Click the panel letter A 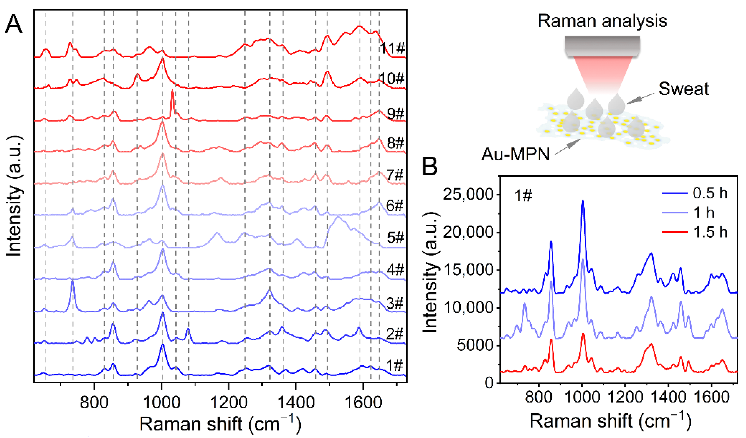[14, 24]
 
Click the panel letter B [430, 166]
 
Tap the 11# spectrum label [392, 48]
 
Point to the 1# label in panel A [395, 366]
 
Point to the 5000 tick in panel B [475, 346]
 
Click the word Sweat [684, 89]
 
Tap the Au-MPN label [515, 154]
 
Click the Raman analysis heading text [602, 21]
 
